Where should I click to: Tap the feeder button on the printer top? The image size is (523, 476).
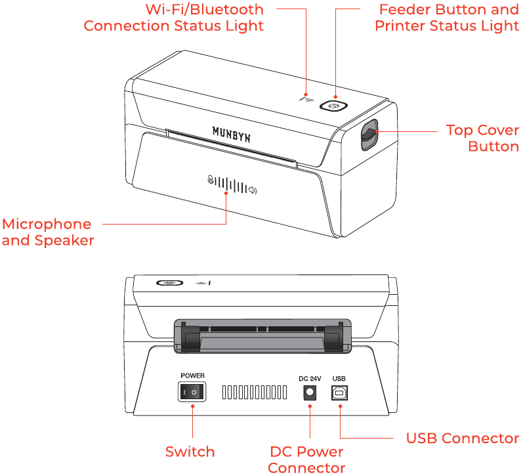[x=333, y=106]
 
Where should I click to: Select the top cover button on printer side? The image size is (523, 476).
[x=369, y=136]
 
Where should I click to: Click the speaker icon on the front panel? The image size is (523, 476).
[x=253, y=190]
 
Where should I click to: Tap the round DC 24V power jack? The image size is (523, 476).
[x=308, y=393]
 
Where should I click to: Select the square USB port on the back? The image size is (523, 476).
[x=339, y=393]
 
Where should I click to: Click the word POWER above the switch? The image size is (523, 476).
[x=192, y=376]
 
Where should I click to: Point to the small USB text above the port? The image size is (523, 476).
[x=339, y=379]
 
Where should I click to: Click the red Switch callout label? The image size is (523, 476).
[x=190, y=452]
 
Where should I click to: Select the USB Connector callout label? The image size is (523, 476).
[x=462, y=438]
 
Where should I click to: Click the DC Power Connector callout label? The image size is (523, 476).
[x=306, y=460]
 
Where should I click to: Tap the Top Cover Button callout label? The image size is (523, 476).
[x=482, y=138]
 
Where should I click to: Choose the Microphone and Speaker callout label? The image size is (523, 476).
[x=47, y=232]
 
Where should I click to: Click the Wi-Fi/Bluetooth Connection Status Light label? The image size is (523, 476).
[x=174, y=18]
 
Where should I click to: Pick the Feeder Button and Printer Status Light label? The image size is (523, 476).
[x=447, y=18]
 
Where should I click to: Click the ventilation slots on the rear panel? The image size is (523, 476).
[x=255, y=393]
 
